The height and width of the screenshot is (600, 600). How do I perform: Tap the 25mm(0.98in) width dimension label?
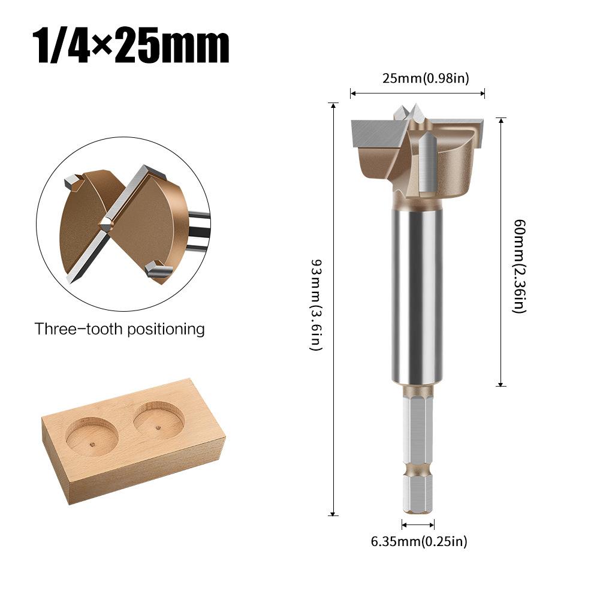tap(417, 79)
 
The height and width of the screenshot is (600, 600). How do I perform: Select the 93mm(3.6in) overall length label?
tap(316, 306)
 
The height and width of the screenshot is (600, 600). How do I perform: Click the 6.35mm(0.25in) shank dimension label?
tap(418, 542)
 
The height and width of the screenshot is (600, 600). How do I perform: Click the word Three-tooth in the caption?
tap(77, 329)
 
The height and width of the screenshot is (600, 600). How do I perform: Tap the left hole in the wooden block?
tap(91, 436)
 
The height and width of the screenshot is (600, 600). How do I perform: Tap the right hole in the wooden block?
tap(158, 420)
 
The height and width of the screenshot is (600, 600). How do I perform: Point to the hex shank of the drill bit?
tap(418, 432)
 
